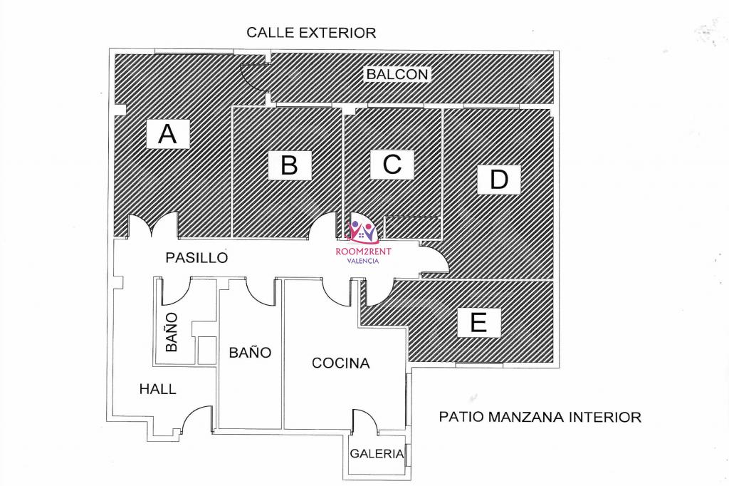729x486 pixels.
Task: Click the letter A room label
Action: (167, 134)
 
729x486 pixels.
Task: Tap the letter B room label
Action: (290, 165)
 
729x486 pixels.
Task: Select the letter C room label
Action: (392, 164)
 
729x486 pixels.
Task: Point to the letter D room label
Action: (499, 180)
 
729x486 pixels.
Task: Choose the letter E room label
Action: (479, 322)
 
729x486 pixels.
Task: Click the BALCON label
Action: (397, 74)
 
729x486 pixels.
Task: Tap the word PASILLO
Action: (196, 257)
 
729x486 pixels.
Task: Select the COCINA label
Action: (341, 363)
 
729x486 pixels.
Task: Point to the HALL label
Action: (157, 389)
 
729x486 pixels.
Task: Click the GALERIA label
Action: (377, 453)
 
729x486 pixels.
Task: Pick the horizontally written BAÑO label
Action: (250, 353)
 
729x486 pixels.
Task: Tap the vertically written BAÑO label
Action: (171, 332)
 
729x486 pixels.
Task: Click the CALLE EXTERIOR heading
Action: (311, 33)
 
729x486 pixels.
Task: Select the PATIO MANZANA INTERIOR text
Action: (540, 417)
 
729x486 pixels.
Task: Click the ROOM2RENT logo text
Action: (364, 252)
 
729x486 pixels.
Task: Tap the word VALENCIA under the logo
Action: (364, 261)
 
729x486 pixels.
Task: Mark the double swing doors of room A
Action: (152, 225)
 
